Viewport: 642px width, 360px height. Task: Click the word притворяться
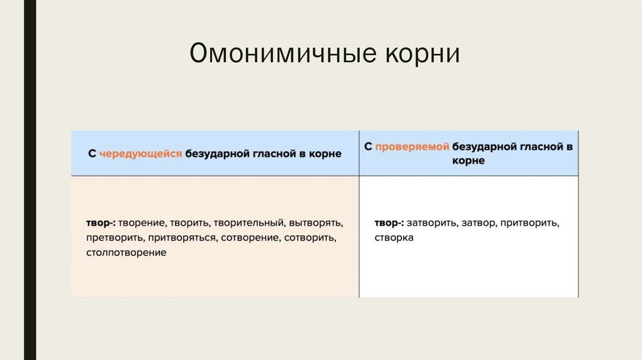[179, 238]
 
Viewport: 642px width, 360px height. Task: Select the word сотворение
[250, 238]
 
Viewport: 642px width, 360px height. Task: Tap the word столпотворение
[127, 253]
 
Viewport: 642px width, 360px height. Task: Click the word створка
[394, 238]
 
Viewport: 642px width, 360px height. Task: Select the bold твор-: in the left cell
[100, 223]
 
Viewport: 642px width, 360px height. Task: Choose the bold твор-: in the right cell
[389, 223]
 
